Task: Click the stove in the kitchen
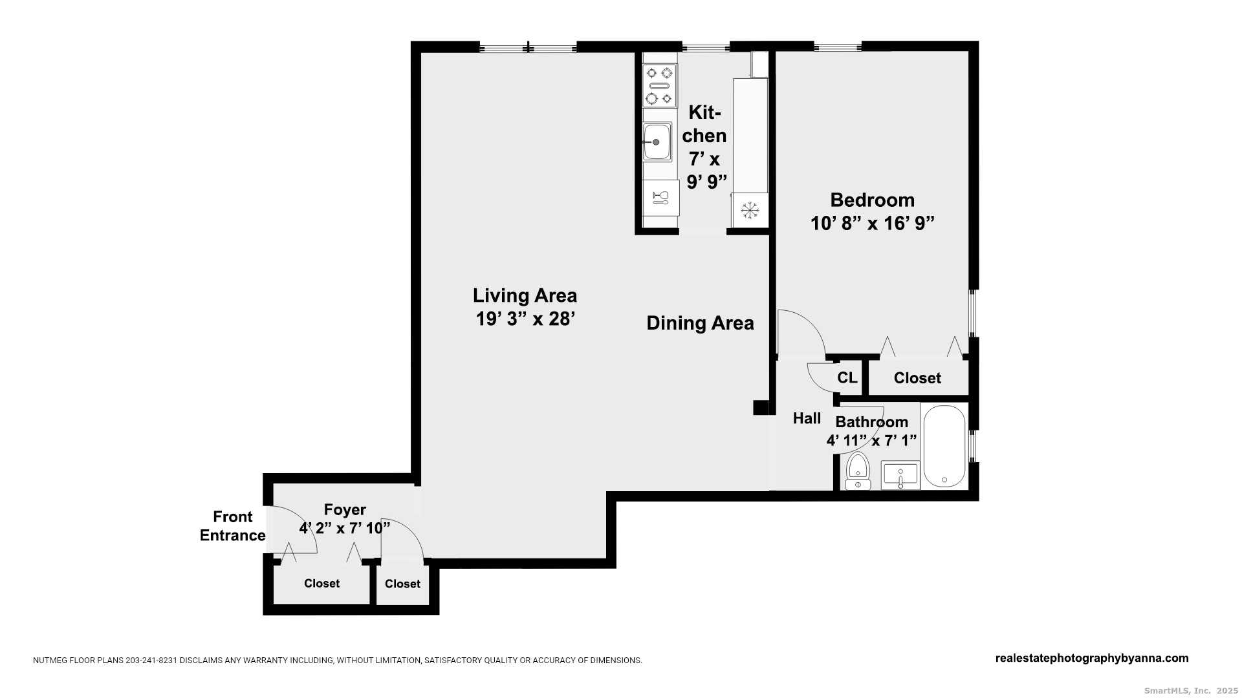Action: click(x=659, y=85)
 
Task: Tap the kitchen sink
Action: click(x=657, y=142)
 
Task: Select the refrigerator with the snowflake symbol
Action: click(x=750, y=210)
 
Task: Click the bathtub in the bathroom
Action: click(x=944, y=446)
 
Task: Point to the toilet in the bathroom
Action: click(x=858, y=471)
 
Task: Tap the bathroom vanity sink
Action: click(x=900, y=476)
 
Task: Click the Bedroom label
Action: click(x=872, y=200)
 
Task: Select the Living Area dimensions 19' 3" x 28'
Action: click(x=525, y=319)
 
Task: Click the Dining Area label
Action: click(x=700, y=323)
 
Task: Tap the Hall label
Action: click(x=807, y=418)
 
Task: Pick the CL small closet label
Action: click(x=847, y=377)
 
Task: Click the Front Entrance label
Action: click(x=233, y=526)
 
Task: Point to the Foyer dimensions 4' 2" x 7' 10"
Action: click(x=345, y=528)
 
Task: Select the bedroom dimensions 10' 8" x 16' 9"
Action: click(x=873, y=224)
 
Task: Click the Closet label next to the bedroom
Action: click(x=917, y=378)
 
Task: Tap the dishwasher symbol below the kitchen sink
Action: click(x=660, y=197)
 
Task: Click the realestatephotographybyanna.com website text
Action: click(x=1092, y=658)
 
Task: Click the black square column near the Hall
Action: click(x=761, y=407)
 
